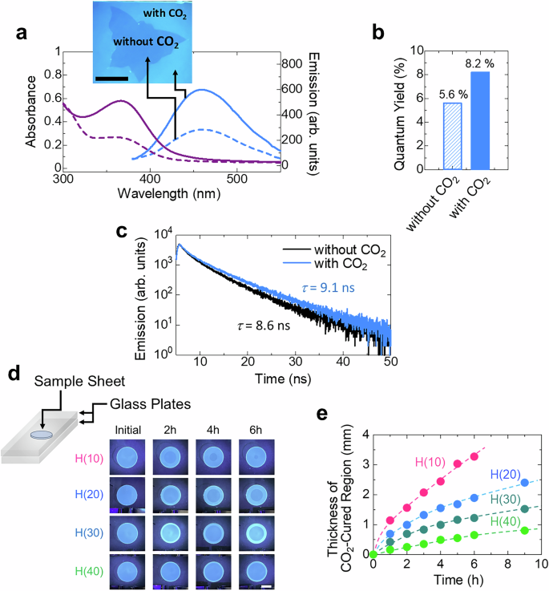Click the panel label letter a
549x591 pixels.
coord(22,33)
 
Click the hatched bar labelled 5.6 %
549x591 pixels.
coord(453,136)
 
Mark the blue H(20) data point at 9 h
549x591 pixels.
coord(525,483)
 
